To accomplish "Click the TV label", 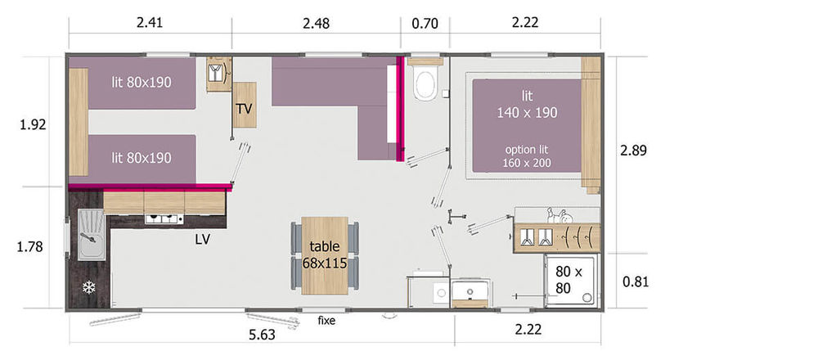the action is [244, 109].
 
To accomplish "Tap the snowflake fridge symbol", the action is [89, 287].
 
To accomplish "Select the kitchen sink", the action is [92, 234].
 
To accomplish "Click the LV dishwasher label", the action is [202, 240].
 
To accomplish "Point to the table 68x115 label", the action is [325, 254].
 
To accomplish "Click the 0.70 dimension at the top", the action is [425, 24].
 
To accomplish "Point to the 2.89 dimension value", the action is [633, 151].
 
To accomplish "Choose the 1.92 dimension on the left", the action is [33, 125].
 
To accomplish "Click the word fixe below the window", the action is [326, 321].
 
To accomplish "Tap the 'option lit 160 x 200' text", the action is [527, 156].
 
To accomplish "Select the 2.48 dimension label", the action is [316, 24].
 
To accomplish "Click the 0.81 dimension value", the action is [636, 282].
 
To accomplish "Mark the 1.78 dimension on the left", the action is [29, 247].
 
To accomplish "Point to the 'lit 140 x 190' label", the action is [527, 105].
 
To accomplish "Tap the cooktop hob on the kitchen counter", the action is [164, 219].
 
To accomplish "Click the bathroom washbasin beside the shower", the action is [470, 290].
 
